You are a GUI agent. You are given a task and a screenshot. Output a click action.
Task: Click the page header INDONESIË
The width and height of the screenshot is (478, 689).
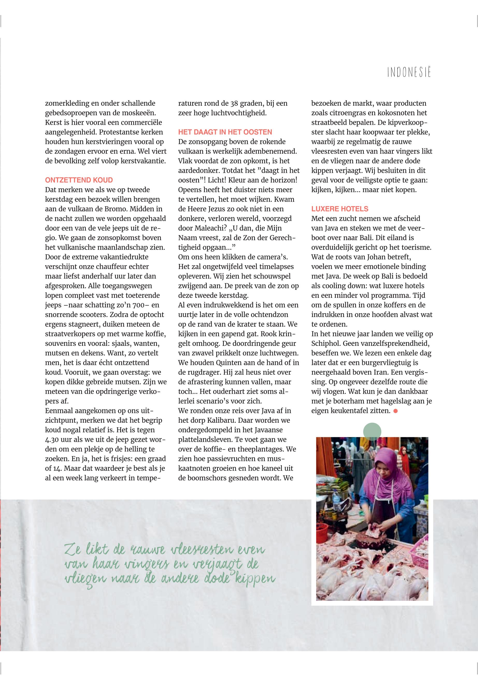(409, 73)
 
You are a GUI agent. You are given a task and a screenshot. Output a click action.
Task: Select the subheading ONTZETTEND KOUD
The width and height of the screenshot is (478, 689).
(79, 180)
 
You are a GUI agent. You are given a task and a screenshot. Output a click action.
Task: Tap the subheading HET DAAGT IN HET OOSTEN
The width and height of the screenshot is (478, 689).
(225, 132)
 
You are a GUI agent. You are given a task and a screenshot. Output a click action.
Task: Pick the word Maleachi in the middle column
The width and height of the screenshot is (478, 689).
(209, 228)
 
